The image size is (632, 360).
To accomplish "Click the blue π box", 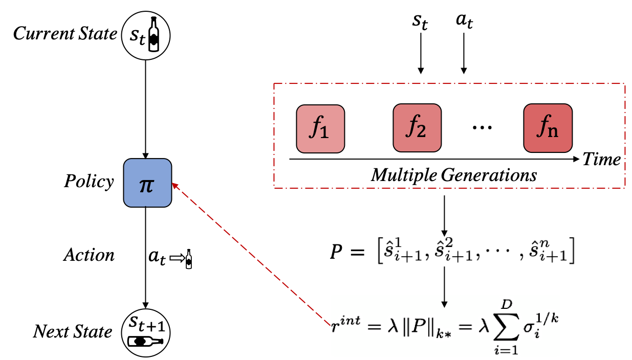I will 147,183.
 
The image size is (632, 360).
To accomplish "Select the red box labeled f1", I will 320,129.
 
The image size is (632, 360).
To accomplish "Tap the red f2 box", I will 417,128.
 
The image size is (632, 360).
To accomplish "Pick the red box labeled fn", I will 548,128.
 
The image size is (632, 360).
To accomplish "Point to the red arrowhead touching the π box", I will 174,185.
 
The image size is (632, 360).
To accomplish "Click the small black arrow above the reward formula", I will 444,302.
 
